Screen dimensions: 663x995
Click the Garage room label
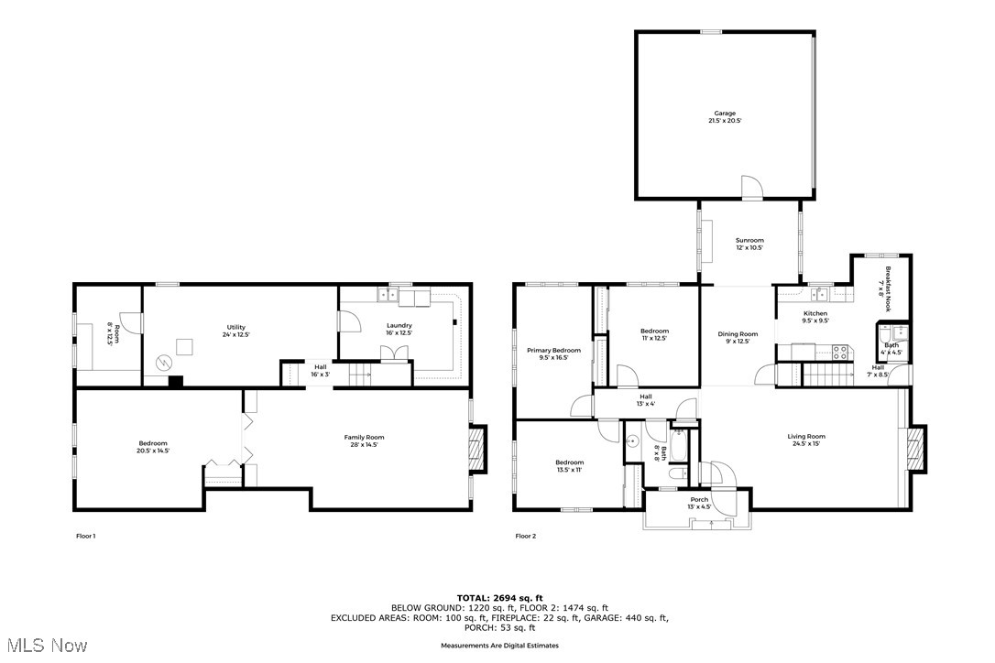coord(725,116)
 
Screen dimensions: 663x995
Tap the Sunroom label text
coord(750,244)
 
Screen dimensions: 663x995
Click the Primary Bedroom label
coord(553,353)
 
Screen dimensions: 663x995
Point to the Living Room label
coord(806,440)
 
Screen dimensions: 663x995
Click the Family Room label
coord(364,440)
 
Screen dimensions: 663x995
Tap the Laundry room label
coord(399,329)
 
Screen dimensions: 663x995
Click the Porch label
coord(699,503)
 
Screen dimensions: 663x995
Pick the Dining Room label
coord(738,337)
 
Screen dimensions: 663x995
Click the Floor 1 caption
coord(85,536)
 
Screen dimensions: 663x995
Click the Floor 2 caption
coord(525,536)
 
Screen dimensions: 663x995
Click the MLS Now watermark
coord(44,646)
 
